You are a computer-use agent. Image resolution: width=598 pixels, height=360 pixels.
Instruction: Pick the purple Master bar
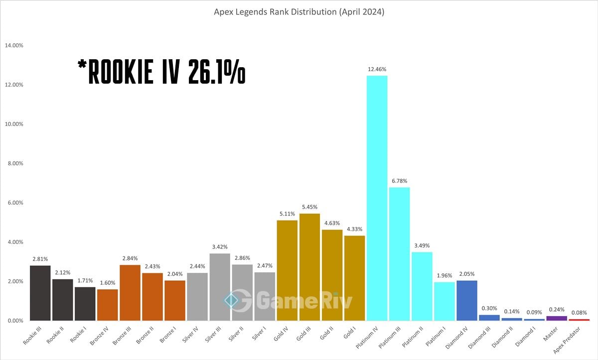(x=557, y=318)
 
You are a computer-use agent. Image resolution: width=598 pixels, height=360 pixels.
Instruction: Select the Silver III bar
(x=220, y=287)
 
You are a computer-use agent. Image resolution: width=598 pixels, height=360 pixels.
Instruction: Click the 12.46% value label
(x=377, y=69)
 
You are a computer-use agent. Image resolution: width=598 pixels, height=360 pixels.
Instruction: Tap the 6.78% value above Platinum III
(x=400, y=181)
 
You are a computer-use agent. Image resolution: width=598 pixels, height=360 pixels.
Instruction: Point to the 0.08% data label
(x=579, y=312)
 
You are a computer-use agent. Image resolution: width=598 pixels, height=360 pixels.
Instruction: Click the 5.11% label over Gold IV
(x=287, y=214)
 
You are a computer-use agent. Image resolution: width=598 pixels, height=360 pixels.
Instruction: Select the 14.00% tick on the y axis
(x=14, y=45)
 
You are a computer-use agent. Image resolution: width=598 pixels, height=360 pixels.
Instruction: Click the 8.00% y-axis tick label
(x=15, y=163)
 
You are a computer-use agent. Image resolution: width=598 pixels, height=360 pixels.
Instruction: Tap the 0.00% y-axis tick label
(x=15, y=321)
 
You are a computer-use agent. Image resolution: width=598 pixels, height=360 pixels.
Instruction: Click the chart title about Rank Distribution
(x=299, y=12)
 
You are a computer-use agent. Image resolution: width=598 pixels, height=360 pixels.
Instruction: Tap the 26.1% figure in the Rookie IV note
(x=216, y=74)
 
